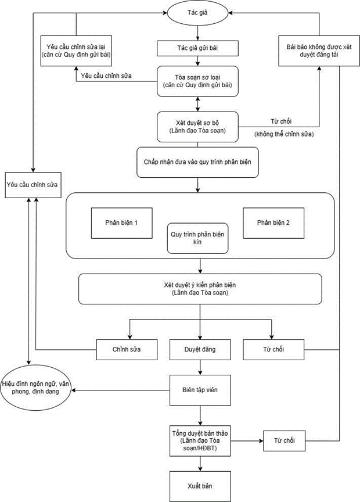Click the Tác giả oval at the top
(197, 13)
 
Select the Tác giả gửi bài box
(197, 48)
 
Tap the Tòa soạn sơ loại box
(197, 81)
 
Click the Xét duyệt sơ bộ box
(197, 127)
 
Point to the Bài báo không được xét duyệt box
(319, 51)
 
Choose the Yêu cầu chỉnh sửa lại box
(76, 51)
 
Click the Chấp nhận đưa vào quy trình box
(197, 162)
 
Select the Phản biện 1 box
(121, 223)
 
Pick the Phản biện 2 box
(273, 223)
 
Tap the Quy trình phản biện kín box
(197, 238)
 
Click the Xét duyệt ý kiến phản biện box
(200, 289)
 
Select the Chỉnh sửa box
(127, 350)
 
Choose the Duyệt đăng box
(200, 350)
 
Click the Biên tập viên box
(200, 390)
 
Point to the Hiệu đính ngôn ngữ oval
(35, 388)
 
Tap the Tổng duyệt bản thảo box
(200, 441)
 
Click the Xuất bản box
(200, 486)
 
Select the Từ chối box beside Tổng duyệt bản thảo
(284, 441)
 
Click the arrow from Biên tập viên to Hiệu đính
(120, 390)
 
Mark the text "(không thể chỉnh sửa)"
(284, 134)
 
